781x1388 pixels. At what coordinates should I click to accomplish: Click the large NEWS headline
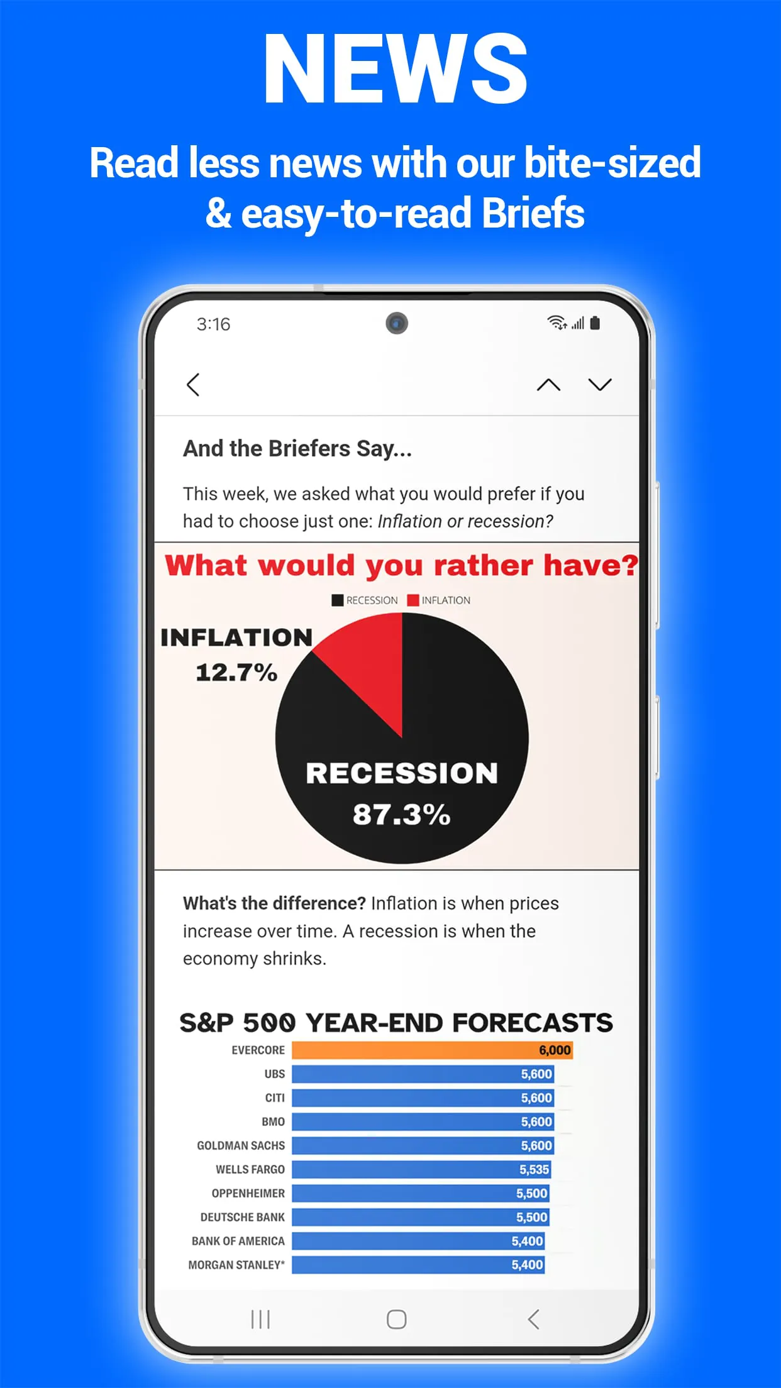point(396,69)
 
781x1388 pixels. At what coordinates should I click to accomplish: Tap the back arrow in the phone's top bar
point(193,385)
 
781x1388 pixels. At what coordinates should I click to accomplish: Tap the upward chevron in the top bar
point(548,385)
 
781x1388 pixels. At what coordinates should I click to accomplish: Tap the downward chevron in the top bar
point(600,385)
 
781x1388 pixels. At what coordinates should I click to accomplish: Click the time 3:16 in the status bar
point(213,324)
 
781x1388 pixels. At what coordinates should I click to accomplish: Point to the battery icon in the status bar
point(595,323)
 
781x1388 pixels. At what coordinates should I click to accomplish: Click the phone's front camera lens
point(397,323)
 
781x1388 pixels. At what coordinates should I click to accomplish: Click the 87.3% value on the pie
point(401,814)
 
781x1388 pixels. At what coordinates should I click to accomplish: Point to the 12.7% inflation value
point(236,673)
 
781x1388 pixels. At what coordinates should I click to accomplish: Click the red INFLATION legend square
point(413,600)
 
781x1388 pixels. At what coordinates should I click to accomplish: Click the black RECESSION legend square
point(338,600)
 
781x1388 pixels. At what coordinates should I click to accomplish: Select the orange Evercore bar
point(432,1050)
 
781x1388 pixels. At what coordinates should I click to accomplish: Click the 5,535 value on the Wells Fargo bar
point(534,1169)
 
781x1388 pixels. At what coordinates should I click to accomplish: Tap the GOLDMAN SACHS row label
point(241,1145)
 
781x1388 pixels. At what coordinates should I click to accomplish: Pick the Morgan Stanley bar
point(418,1265)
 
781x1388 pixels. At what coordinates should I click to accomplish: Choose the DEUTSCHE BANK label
point(243,1217)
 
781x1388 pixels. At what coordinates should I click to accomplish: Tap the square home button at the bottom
point(396,1319)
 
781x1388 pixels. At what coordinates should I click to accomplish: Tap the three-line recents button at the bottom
point(260,1319)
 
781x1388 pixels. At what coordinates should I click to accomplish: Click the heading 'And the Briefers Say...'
point(297,448)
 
